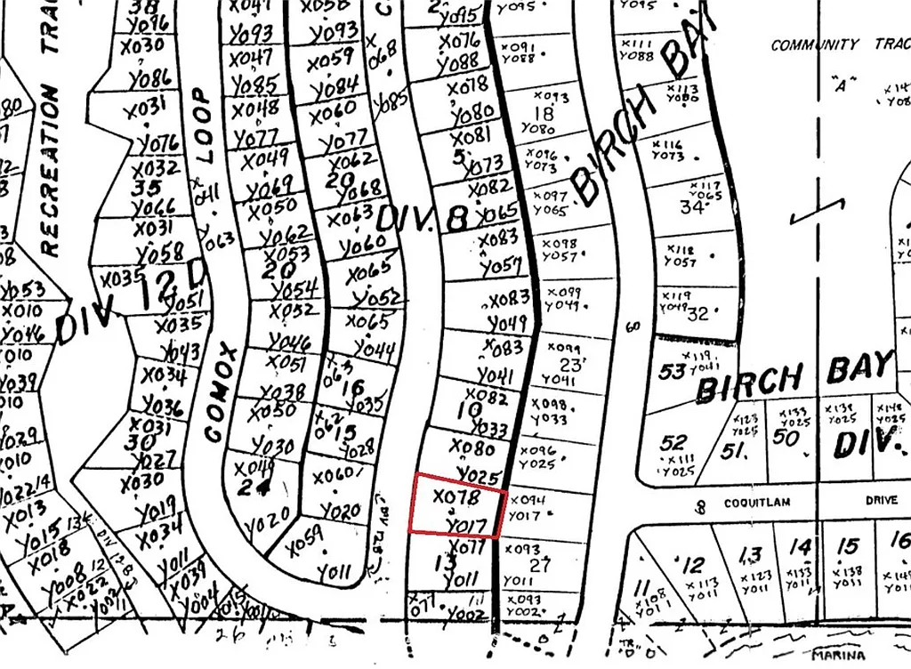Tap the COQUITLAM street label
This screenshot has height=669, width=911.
click(x=757, y=502)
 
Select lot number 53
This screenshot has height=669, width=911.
click(x=673, y=370)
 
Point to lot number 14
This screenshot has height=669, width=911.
click(x=801, y=547)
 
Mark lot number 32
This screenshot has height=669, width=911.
click(x=698, y=314)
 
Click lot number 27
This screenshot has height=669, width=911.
click(x=540, y=565)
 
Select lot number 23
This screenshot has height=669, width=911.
click(x=568, y=364)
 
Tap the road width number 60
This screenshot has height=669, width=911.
click(x=633, y=327)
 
